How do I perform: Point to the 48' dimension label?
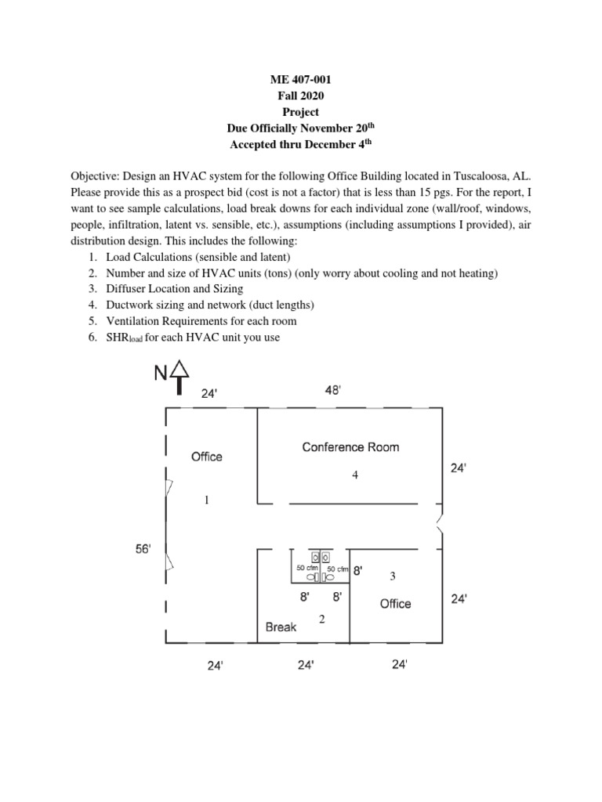coord(333,391)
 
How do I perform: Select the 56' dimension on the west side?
coord(147,550)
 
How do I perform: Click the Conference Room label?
coord(350,447)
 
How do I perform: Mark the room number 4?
coord(355,475)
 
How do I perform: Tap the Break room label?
coord(281,627)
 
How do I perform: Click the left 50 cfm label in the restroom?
coord(306,568)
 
